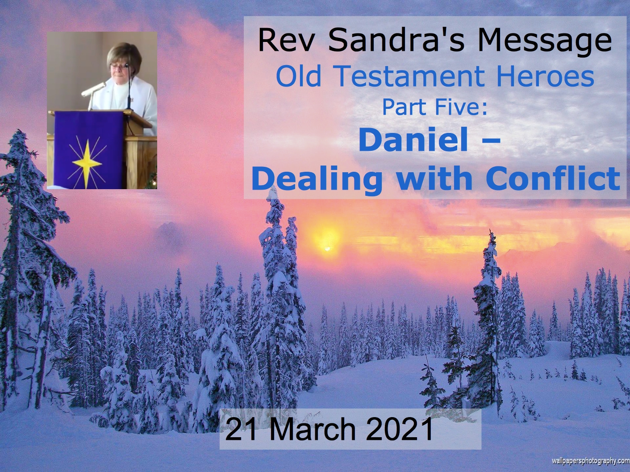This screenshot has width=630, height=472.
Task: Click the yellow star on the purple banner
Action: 87,163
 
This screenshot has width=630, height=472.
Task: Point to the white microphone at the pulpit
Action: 93,89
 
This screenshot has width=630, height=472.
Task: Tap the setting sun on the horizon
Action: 327,249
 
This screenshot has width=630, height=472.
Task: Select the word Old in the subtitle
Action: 299,77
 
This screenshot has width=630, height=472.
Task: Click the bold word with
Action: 435,178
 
